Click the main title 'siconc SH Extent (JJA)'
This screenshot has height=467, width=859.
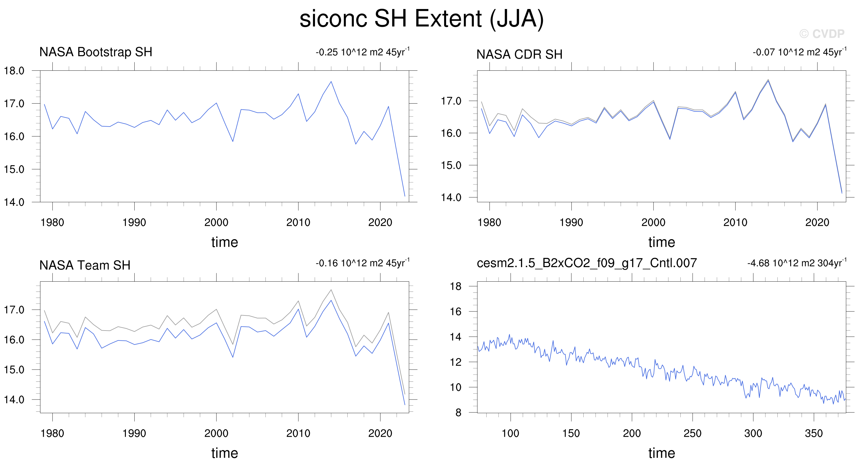pos(422,19)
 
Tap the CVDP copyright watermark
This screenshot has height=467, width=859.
pos(822,34)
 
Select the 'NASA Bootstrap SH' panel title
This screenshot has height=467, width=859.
pos(96,52)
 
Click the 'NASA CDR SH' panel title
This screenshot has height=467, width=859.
pos(519,54)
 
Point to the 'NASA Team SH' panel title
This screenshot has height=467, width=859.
pos(85,265)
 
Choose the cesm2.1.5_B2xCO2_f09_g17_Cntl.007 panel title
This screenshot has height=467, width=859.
pos(587,263)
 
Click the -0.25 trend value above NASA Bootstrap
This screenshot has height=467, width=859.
pos(362,52)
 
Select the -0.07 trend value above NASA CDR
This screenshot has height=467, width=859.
pos(799,52)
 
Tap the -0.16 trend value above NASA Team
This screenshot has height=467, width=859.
pos(362,263)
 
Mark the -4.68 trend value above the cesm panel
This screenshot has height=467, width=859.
pos(797,263)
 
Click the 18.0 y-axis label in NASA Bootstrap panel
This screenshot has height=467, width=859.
pos(14,71)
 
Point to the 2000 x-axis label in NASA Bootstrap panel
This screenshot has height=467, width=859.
pos(216,222)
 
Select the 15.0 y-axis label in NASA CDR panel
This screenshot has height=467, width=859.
pos(451,165)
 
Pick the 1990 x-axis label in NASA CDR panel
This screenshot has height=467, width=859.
pos(571,222)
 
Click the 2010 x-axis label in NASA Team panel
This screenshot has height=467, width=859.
pos(298,433)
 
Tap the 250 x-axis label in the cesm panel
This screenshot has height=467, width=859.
pos(692,433)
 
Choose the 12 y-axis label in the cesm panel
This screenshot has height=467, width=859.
pos(455,362)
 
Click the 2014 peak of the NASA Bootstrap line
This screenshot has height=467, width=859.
pos(331,81)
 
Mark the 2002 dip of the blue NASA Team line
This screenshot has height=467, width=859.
pos(233,357)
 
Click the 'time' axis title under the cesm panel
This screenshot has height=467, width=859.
pos(662,453)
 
